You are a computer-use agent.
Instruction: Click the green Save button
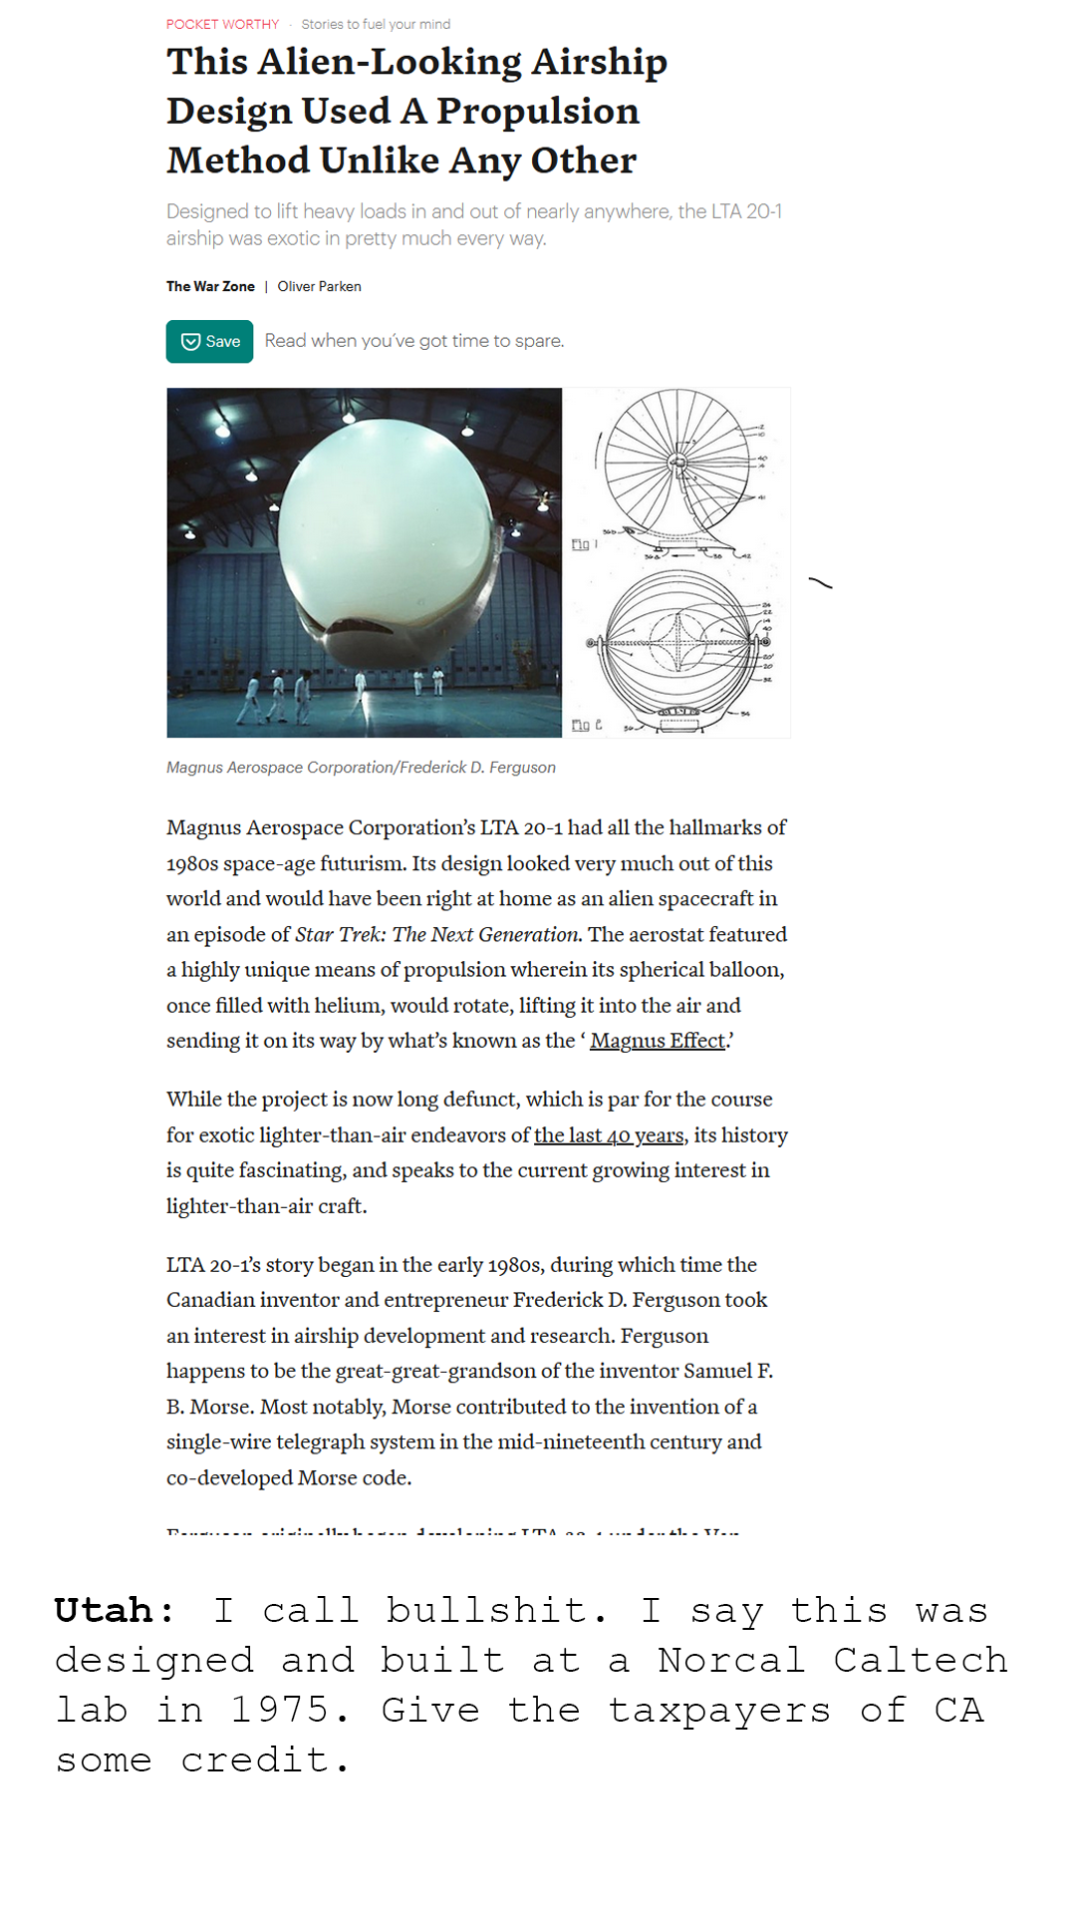pyautogui.click(x=209, y=342)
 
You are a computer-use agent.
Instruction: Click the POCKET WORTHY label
pyautogui.click(x=222, y=24)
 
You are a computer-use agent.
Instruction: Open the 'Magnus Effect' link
pyautogui.click(x=658, y=1041)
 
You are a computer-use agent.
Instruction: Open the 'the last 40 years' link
pyautogui.click(x=609, y=1135)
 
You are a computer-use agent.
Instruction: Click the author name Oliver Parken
pyautogui.click(x=319, y=287)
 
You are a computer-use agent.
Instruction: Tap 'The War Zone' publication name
pyautogui.click(x=210, y=287)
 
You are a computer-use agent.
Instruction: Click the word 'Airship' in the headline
pyautogui.click(x=599, y=62)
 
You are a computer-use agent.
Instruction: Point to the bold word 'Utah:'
pyautogui.click(x=115, y=1611)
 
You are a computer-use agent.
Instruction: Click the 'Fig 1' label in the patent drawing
pyautogui.click(x=584, y=544)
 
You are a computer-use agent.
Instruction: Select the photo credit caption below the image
pyautogui.click(x=361, y=768)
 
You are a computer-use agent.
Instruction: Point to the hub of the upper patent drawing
pyautogui.click(x=677, y=463)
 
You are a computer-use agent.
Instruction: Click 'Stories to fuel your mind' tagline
pyautogui.click(x=376, y=24)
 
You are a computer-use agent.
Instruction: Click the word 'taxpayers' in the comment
pyautogui.click(x=718, y=1711)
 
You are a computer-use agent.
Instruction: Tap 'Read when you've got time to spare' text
pyautogui.click(x=414, y=341)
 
